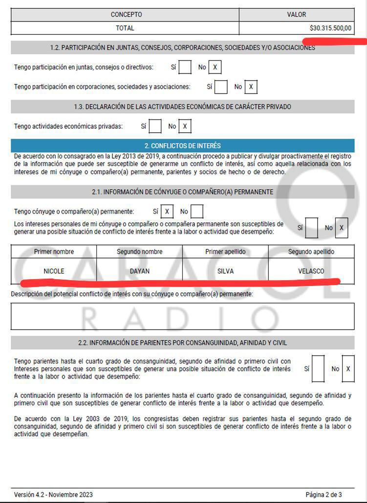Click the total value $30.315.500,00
[330, 28]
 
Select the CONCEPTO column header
[126, 15]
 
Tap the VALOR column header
[296, 15]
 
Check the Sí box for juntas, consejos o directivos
[185, 67]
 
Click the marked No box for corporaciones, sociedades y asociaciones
[251, 87]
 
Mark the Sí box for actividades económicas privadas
[155, 126]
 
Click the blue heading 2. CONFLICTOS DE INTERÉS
[182, 145]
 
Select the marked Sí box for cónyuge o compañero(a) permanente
[167, 212]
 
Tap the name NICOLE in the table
[54, 271]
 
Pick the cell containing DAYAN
[140, 271]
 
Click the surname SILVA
[225, 271]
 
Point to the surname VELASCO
[311, 271]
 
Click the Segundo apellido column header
[311, 252]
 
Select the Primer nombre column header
[54, 252]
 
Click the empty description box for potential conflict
[182, 316]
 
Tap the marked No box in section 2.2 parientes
[347, 368]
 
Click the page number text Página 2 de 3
[324, 494]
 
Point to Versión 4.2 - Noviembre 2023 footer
[53, 494]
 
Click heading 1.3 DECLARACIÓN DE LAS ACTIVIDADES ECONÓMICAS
[182, 107]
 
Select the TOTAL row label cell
[125, 28]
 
